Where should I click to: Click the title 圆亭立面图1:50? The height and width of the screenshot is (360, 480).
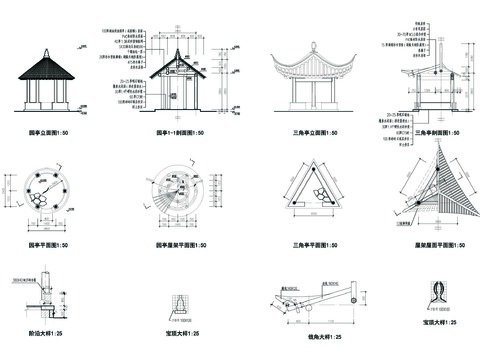[x=45, y=130]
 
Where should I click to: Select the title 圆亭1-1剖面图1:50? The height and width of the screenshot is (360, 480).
[x=179, y=131]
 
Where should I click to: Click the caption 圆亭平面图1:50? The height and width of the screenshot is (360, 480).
[x=48, y=244]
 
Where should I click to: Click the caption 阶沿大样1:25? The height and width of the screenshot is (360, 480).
[x=42, y=331]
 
